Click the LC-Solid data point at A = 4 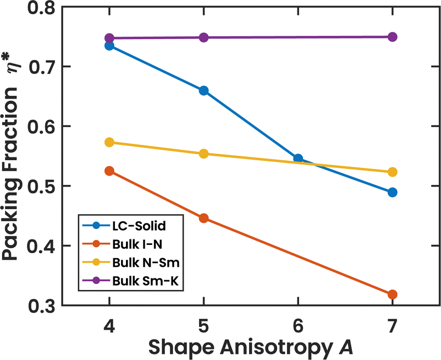click(x=109, y=46)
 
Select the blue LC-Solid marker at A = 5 click(x=203, y=91)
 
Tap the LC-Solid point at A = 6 click(x=298, y=159)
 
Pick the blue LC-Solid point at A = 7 click(x=392, y=192)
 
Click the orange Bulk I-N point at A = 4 click(x=109, y=171)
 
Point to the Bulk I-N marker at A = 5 click(x=203, y=219)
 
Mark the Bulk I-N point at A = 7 click(x=392, y=294)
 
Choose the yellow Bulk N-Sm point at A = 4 click(x=109, y=143)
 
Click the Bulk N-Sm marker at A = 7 click(x=392, y=172)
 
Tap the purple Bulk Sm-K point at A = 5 click(x=203, y=37)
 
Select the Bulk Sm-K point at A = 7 click(x=392, y=37)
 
